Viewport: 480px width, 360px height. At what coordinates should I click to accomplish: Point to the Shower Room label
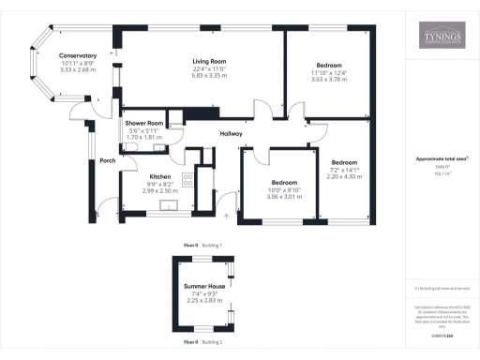(144, 124)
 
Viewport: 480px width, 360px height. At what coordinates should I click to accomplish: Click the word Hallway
(231, 134)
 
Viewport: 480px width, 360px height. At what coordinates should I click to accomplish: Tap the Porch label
(107, 160)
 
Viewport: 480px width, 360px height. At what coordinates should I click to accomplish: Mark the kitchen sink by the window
(171, 207)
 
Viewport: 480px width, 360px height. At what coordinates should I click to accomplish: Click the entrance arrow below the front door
(225, 218)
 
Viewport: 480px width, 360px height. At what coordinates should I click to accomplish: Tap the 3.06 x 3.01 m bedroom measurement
(285, 198)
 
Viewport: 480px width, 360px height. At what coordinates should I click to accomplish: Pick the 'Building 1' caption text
(214, 244)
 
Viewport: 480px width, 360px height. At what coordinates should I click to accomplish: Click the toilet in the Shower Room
(125, 145)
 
